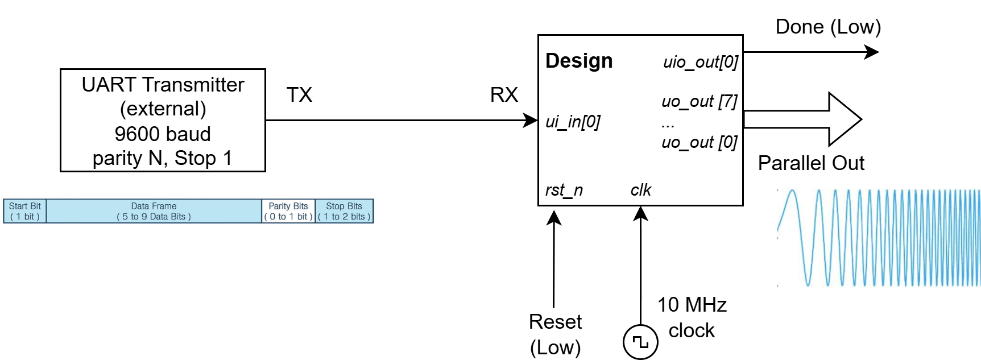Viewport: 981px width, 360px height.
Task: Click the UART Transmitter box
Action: coord(163,121)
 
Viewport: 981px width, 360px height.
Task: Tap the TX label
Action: coord(299,95)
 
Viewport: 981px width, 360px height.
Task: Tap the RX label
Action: coord(504,95)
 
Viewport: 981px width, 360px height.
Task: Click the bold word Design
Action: coord(579,61)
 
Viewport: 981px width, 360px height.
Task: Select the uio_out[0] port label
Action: coord(701,62)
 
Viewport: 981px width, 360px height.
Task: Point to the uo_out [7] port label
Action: coord(699,102)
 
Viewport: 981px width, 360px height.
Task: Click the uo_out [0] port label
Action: coord(699,142)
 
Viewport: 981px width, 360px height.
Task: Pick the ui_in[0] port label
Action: coord(573,122)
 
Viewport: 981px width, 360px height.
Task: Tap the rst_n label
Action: coord(564,190)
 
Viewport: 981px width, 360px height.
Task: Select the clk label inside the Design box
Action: coord(640,190)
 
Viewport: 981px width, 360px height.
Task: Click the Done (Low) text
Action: coord(828,27)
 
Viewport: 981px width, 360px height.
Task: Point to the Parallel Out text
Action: coord(811,163)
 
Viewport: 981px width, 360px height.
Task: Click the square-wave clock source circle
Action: coord(640,342)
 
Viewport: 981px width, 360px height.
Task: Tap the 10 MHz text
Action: coord(692,305)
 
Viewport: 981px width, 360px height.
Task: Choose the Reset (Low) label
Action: coord(555,334)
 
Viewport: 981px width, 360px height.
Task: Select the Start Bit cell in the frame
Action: coord(24,211)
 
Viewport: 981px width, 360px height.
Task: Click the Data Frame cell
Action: coord(154,211)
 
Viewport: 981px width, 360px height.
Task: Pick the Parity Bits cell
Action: coord(288,211)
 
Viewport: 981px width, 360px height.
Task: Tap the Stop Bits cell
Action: coord(344,211)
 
